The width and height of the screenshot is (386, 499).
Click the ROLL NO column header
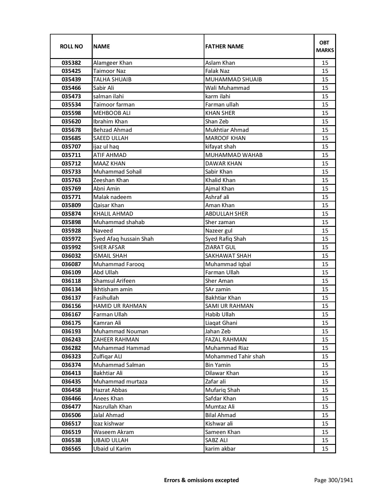point(71,46)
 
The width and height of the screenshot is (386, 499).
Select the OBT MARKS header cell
point(325,46)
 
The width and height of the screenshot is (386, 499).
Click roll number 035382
point(71,63)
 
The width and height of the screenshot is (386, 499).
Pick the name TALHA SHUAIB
point(112,80)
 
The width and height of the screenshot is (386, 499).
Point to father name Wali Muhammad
point(227,88)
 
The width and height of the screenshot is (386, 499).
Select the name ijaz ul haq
point(106,147)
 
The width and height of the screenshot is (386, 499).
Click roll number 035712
point(71,164)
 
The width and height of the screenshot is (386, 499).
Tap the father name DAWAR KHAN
point(223,164)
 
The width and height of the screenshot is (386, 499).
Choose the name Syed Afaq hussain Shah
point(124,239)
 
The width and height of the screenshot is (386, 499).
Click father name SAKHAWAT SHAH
point(228,256)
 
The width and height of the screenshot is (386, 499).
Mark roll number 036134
point(71,289)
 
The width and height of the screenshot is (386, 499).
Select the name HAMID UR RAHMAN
point(120,306)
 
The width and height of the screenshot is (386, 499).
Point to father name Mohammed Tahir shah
point(235,357)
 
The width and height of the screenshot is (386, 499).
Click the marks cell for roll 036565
point(325,449)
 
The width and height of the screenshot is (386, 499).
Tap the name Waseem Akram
point(114,432)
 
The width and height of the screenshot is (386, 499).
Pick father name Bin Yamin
point(218,365)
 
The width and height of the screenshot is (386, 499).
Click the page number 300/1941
point(334,480)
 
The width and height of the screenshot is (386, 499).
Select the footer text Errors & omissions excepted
point(201,480)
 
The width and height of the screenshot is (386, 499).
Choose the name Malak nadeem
point(112,197)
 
